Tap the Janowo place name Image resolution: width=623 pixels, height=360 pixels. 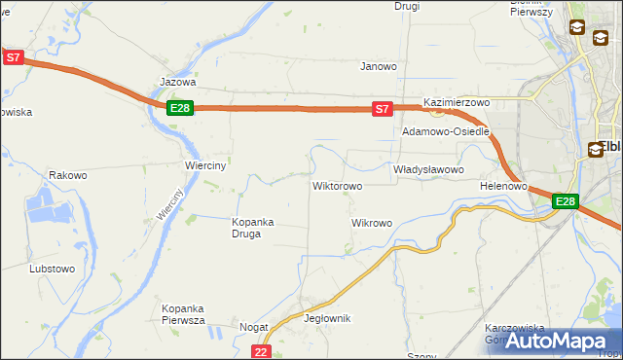coord(379,67)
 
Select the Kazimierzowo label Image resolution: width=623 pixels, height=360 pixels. coord(456,102)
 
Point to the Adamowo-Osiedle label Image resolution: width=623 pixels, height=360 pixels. coord(446,130)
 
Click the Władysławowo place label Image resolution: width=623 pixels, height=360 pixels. coord(428,169)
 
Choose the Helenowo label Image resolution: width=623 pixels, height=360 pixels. coord(503,185)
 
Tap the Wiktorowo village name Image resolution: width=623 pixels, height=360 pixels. coord(337,185)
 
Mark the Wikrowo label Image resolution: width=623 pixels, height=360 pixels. coord(371,223)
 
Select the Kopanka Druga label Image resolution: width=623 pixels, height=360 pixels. coord(252,228)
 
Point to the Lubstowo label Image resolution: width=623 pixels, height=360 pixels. coord(53,268)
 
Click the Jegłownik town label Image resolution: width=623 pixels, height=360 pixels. coord(327,319)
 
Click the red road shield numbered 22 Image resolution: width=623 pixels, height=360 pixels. coord(260,351)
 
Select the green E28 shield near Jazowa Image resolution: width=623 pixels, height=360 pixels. coord(179,108)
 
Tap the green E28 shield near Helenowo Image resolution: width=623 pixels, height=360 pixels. coord(566,201)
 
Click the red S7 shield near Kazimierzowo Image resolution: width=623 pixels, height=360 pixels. coord(383,110)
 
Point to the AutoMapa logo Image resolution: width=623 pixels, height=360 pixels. coord(558,341)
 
